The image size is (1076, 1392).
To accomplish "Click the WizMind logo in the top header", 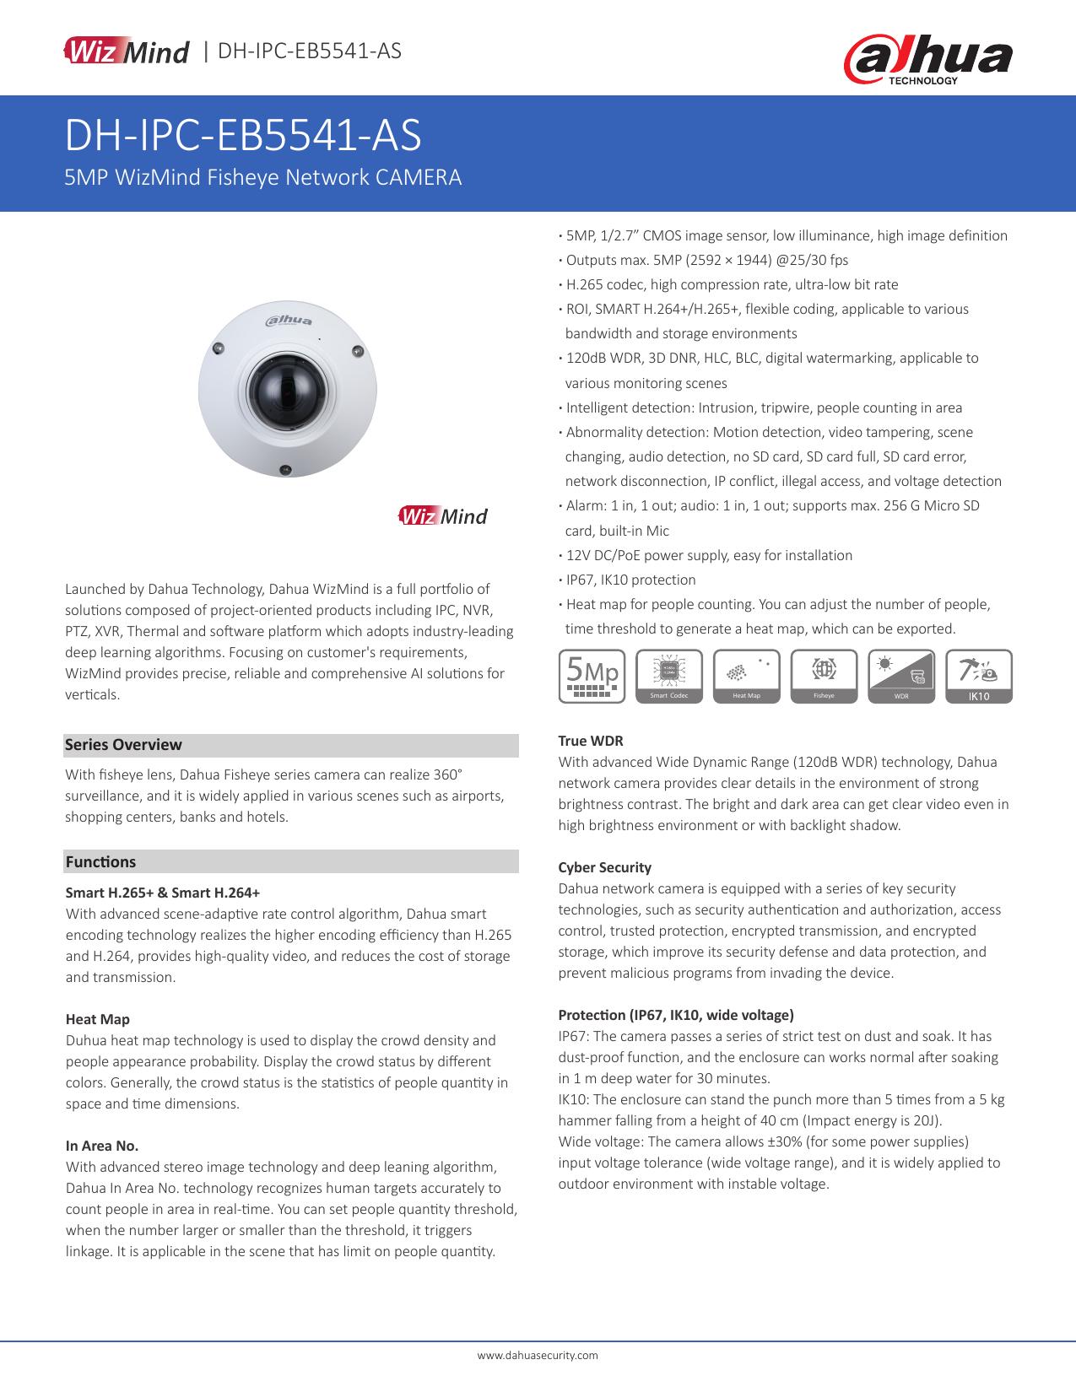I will coord(127,51).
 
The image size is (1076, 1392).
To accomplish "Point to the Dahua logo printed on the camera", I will coord(289,320).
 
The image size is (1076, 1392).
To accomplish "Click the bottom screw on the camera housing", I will coord(286,469).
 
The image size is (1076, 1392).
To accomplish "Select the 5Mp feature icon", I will coord(592,676).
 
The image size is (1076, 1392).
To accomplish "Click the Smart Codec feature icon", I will coord(669,676).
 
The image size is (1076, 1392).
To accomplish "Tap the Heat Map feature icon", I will coord(747,676).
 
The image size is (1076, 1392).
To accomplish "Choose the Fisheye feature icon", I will coord(824,676).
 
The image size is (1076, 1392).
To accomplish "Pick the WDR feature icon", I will coord(901,676).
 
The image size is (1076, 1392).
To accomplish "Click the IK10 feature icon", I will coord(979,676).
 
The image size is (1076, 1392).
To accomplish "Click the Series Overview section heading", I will coord(123,745).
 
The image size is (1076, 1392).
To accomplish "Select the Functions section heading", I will coord(100,861).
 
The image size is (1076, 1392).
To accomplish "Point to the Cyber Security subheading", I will coord(604,867).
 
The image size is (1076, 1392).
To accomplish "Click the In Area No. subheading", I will coord(102,1146).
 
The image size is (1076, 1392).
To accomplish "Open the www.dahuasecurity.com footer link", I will coord(538,1355).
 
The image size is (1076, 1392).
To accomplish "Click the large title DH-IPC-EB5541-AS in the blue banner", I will coord(243,137).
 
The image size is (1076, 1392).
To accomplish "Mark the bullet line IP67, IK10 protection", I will coord(630,580).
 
